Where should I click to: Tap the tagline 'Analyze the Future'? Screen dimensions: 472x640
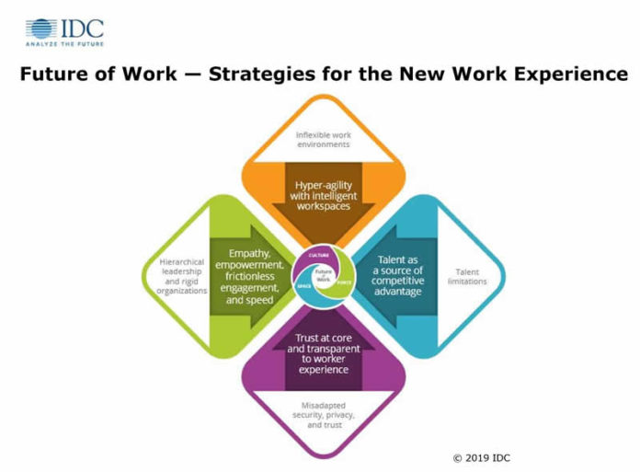(63, 43)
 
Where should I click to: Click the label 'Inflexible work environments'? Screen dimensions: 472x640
(323, 140)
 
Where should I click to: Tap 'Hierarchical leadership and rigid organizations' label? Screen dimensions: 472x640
(172, 276)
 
